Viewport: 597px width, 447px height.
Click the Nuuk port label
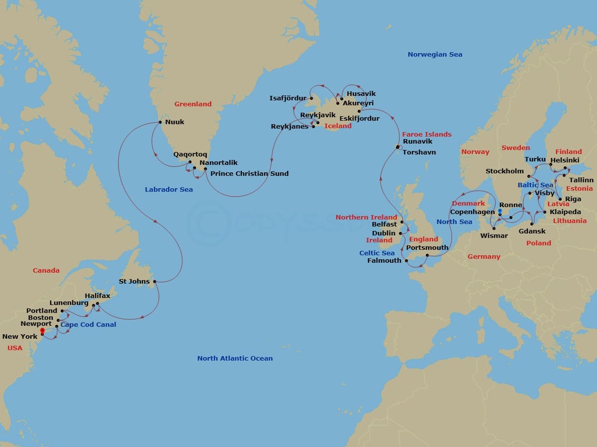pos(175,122)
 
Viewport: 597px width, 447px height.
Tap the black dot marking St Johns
pos(155,282)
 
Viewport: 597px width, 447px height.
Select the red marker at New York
pos(42,331)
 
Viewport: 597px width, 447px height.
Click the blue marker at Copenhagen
pos(499,211)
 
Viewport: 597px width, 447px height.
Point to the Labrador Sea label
pos(169,189)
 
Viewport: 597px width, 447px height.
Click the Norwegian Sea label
pos(435,54)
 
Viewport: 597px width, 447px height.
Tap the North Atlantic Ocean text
pos(235,358)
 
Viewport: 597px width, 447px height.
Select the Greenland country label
pos(193,104)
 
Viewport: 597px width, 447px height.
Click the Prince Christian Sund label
pos(249,173)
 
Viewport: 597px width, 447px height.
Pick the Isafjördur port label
pos(288,98)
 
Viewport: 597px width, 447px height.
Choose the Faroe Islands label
pos(426,134)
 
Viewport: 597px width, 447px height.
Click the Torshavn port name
pos(419,152)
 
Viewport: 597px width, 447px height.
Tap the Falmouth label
pos(384,260)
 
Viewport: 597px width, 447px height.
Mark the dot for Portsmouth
pos(427,256)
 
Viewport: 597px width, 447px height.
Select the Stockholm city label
pos(504,171)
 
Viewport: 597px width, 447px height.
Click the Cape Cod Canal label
pos(88,324)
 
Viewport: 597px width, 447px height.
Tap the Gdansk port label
pos(532,231)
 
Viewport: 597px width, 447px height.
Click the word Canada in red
pos(46,270)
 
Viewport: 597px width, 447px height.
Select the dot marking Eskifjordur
pos(359,112)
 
